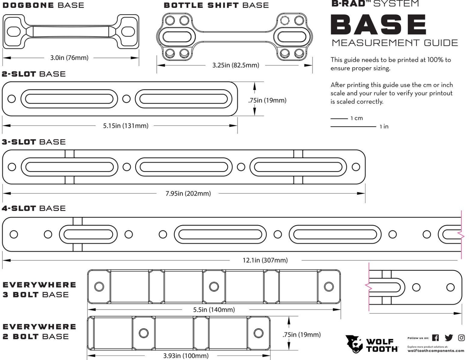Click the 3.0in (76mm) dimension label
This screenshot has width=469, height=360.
(x=69, y=58)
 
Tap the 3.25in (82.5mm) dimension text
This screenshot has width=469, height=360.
(x=235, y=65)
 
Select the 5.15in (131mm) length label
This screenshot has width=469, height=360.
(x=126, y=126)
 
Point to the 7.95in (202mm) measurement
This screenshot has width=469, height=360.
(x=188, y=193)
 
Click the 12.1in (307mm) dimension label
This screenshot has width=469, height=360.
(x=265, y=260)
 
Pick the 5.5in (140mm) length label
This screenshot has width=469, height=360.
(x=214, y=310)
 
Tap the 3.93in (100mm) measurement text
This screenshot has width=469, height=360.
(x=186, y=356)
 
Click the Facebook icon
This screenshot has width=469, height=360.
(x=435, y=338)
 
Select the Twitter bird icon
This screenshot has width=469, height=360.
(x=449, y=338)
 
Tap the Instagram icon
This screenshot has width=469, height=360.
(x=461, y=338)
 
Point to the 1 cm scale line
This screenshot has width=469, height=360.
(x=339, y=118)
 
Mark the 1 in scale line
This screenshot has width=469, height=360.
(x=353, y=127)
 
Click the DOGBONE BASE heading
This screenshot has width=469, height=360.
(x=43, y=5)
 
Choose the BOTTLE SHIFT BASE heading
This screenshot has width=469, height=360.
(x=216, y=5)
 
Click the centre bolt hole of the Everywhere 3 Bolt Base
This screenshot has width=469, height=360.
(x=214, y=286)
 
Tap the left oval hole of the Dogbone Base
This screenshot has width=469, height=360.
(x=13, y=32)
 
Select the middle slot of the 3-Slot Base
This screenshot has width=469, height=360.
(x=184, y=167)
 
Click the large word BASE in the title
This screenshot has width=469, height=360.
(x=378, y=25)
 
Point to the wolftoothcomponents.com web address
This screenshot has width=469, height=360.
(x=436, y=351)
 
